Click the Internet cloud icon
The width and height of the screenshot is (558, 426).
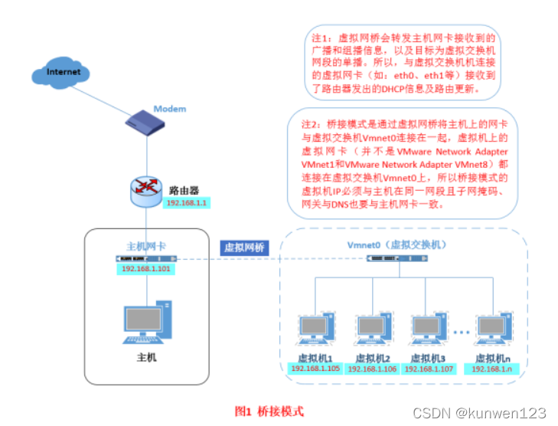click(x=63, y=74)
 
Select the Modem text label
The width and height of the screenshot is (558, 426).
click(x=170, y=109)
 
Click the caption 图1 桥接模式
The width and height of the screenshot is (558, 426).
click(x=269, y=411)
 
